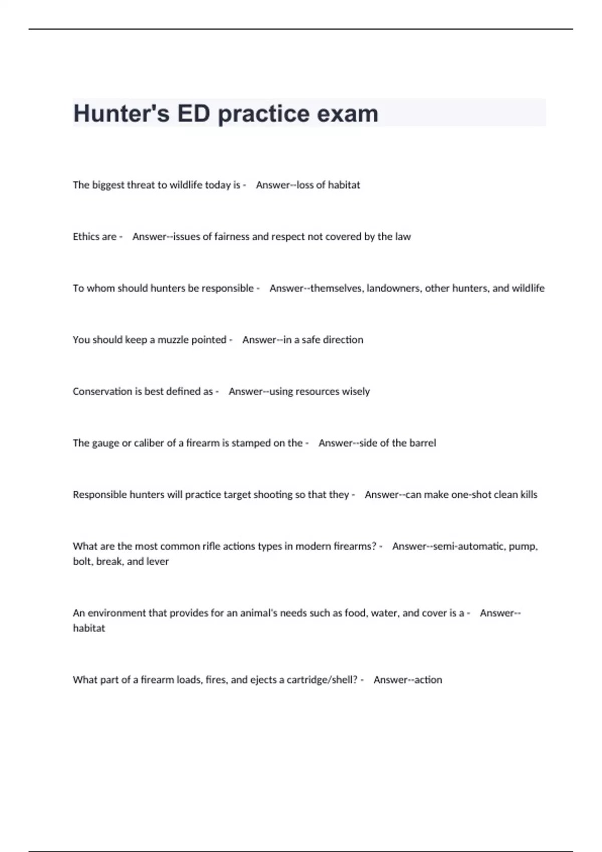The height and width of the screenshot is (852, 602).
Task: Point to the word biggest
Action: tap(108, 185)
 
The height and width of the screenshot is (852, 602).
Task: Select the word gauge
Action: tap(105, 443)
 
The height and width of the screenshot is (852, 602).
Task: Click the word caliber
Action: tap(148, 443)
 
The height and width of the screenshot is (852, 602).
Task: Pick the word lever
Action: tap(158, 561)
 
